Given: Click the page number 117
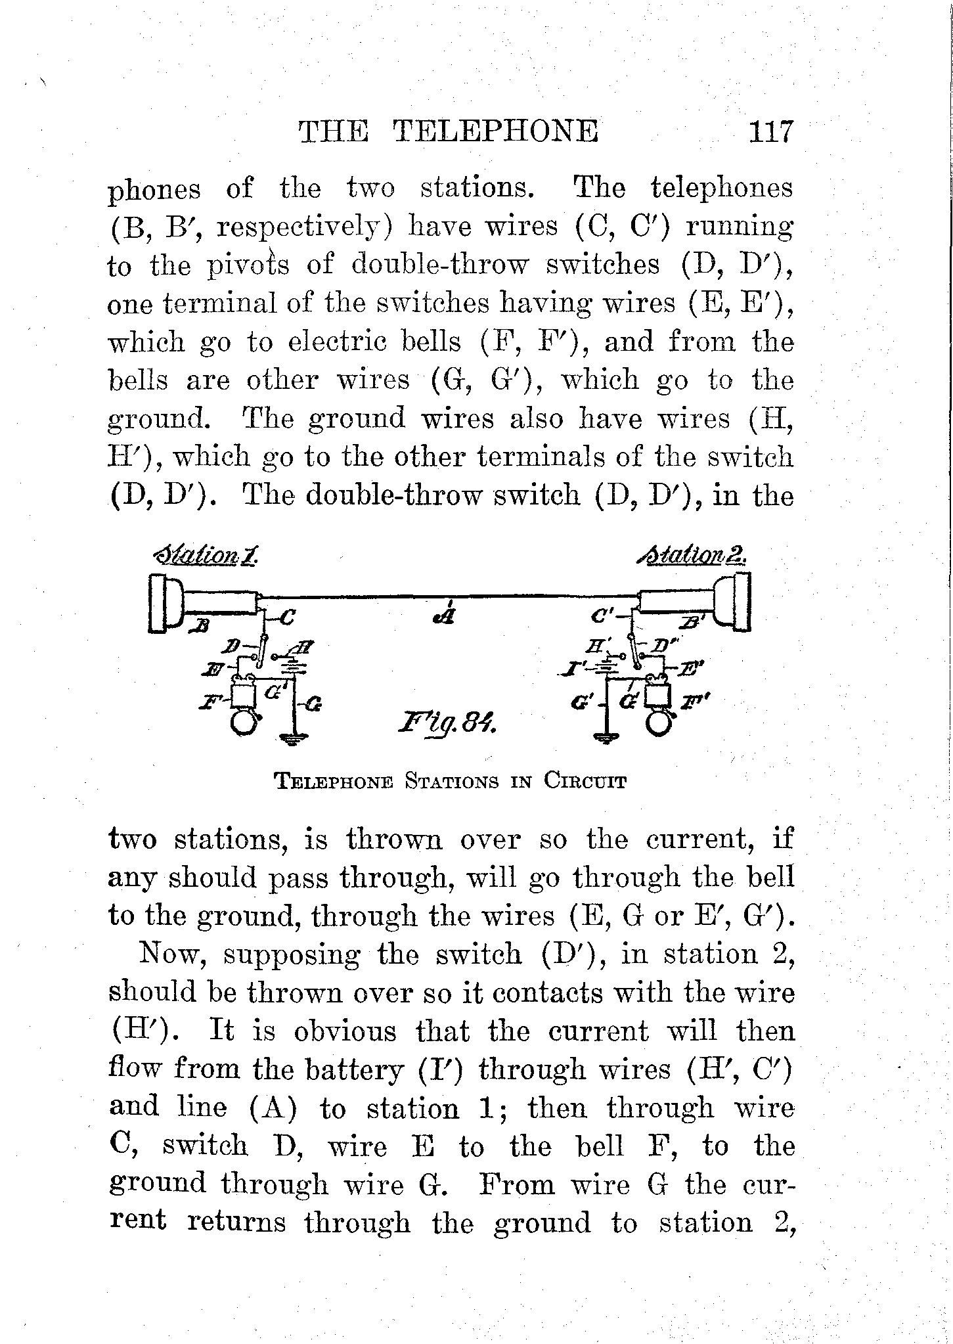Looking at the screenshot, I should tap(771, 131).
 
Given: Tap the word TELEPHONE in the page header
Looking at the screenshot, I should tap(495, 131).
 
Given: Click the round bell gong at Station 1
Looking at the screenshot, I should tap(244, 723).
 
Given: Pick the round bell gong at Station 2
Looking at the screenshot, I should tap(659, 723).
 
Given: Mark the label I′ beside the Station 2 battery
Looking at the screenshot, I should tap(583, 669).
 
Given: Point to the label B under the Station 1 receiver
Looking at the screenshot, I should tap(198, 625).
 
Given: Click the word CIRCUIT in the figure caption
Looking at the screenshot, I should tap(585, 782).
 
